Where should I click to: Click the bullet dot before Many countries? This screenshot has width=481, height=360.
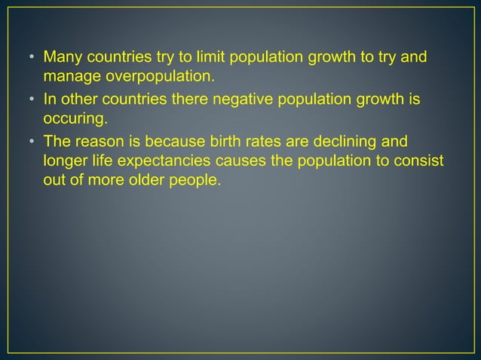click(x=32, y=57)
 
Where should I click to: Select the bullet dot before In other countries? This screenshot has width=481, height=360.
click(x=32, y=99)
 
